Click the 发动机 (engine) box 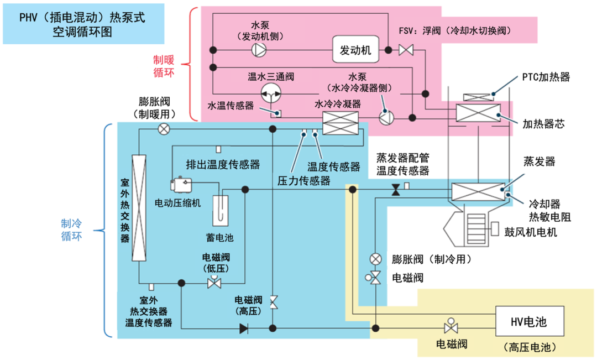point(355,50)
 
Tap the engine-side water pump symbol point(258,50)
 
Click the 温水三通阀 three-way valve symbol point(271,95)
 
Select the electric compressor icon point(181,184)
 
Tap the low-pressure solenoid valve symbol point(213,281)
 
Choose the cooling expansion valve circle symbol point(375,258)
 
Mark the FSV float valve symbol point(406,50)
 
